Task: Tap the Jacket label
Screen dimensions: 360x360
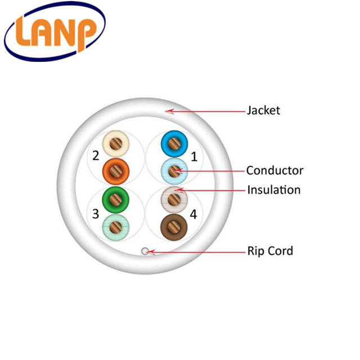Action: [263, 110]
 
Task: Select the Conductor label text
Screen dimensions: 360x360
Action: [274, 170]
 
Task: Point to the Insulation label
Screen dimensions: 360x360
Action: [273, 190]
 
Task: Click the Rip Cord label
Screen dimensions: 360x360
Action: [270, 251]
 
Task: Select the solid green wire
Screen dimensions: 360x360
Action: [116, 199]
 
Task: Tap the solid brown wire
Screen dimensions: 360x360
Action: [173, 227]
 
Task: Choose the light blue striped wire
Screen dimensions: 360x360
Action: [173, 170]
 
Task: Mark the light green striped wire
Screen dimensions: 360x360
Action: [116, 227]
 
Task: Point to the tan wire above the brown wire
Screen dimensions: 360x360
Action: [173, 198]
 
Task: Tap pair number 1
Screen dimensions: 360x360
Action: [195, 155]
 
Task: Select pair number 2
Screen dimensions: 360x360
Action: [96, 155]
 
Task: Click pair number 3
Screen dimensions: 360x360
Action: [96, 213]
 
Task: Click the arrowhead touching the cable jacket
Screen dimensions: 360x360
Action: [168, 111]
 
